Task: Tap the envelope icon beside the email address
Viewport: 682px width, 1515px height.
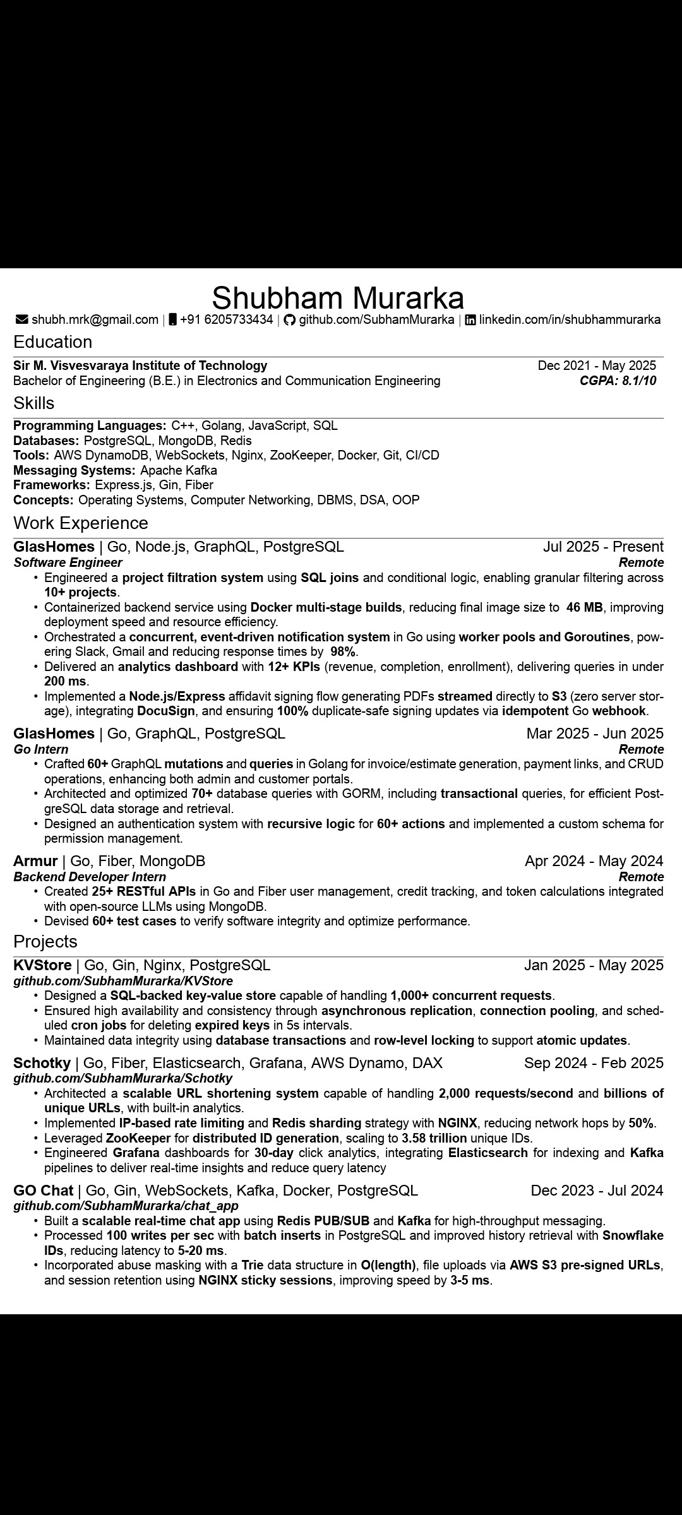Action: click(21, 320)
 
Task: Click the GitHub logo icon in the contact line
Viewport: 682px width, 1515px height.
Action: click(289, 320)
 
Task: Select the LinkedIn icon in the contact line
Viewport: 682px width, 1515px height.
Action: click(470, 320)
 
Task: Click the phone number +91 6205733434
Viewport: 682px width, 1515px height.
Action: click(226, 320)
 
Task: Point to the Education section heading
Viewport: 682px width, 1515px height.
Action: click(53, 342)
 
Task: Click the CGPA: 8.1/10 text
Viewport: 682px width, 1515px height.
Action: click(618, 381)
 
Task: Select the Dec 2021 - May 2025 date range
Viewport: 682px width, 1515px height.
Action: click(597, 365)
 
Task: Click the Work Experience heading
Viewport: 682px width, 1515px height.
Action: click(81, 523)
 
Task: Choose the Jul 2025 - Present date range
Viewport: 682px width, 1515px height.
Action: click(603, 547)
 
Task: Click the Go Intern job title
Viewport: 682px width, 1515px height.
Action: click(41, 749)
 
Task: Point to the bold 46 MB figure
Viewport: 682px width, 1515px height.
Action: click(584, 607)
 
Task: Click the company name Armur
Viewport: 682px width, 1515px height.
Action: click(35, 861)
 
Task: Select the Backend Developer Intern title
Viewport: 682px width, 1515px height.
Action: click(90, 877)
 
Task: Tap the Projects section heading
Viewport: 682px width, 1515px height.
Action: click(45, 942)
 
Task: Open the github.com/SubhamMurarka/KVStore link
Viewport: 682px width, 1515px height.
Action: click(123, 981)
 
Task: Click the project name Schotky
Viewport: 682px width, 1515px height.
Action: click(42, 1063)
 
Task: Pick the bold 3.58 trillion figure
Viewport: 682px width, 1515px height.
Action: click(434, 1138)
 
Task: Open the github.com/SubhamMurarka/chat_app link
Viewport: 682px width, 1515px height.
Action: click(126, 1206)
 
